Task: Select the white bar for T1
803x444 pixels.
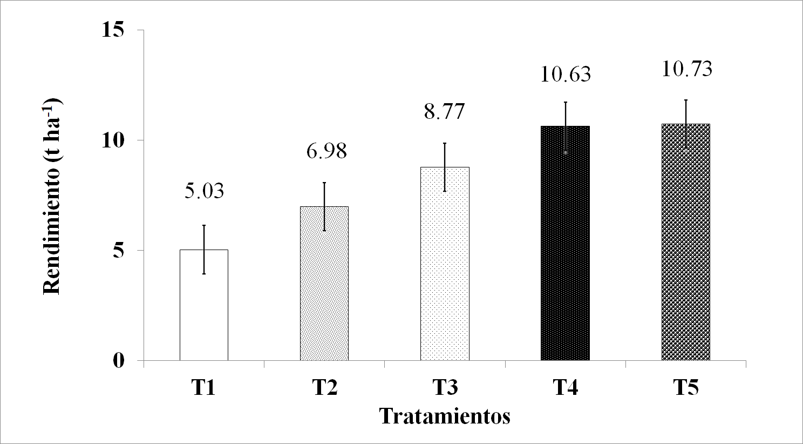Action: coord(204,305)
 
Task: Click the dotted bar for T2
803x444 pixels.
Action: coord(324,284)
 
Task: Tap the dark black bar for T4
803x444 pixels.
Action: coord(565,243)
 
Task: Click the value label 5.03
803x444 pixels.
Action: coord(204,191)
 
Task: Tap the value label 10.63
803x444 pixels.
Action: coord(566,74)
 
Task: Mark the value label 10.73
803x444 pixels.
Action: coord(686,69)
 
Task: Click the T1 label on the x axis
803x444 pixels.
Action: coord(203,388)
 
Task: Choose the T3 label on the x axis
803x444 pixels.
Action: coord(445,388)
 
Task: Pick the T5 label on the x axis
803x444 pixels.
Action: coord(686,388)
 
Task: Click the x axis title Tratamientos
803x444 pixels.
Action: coord(445,416)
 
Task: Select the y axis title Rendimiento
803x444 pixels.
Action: coord(53,196)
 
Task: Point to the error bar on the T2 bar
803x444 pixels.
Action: coord(324,206)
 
